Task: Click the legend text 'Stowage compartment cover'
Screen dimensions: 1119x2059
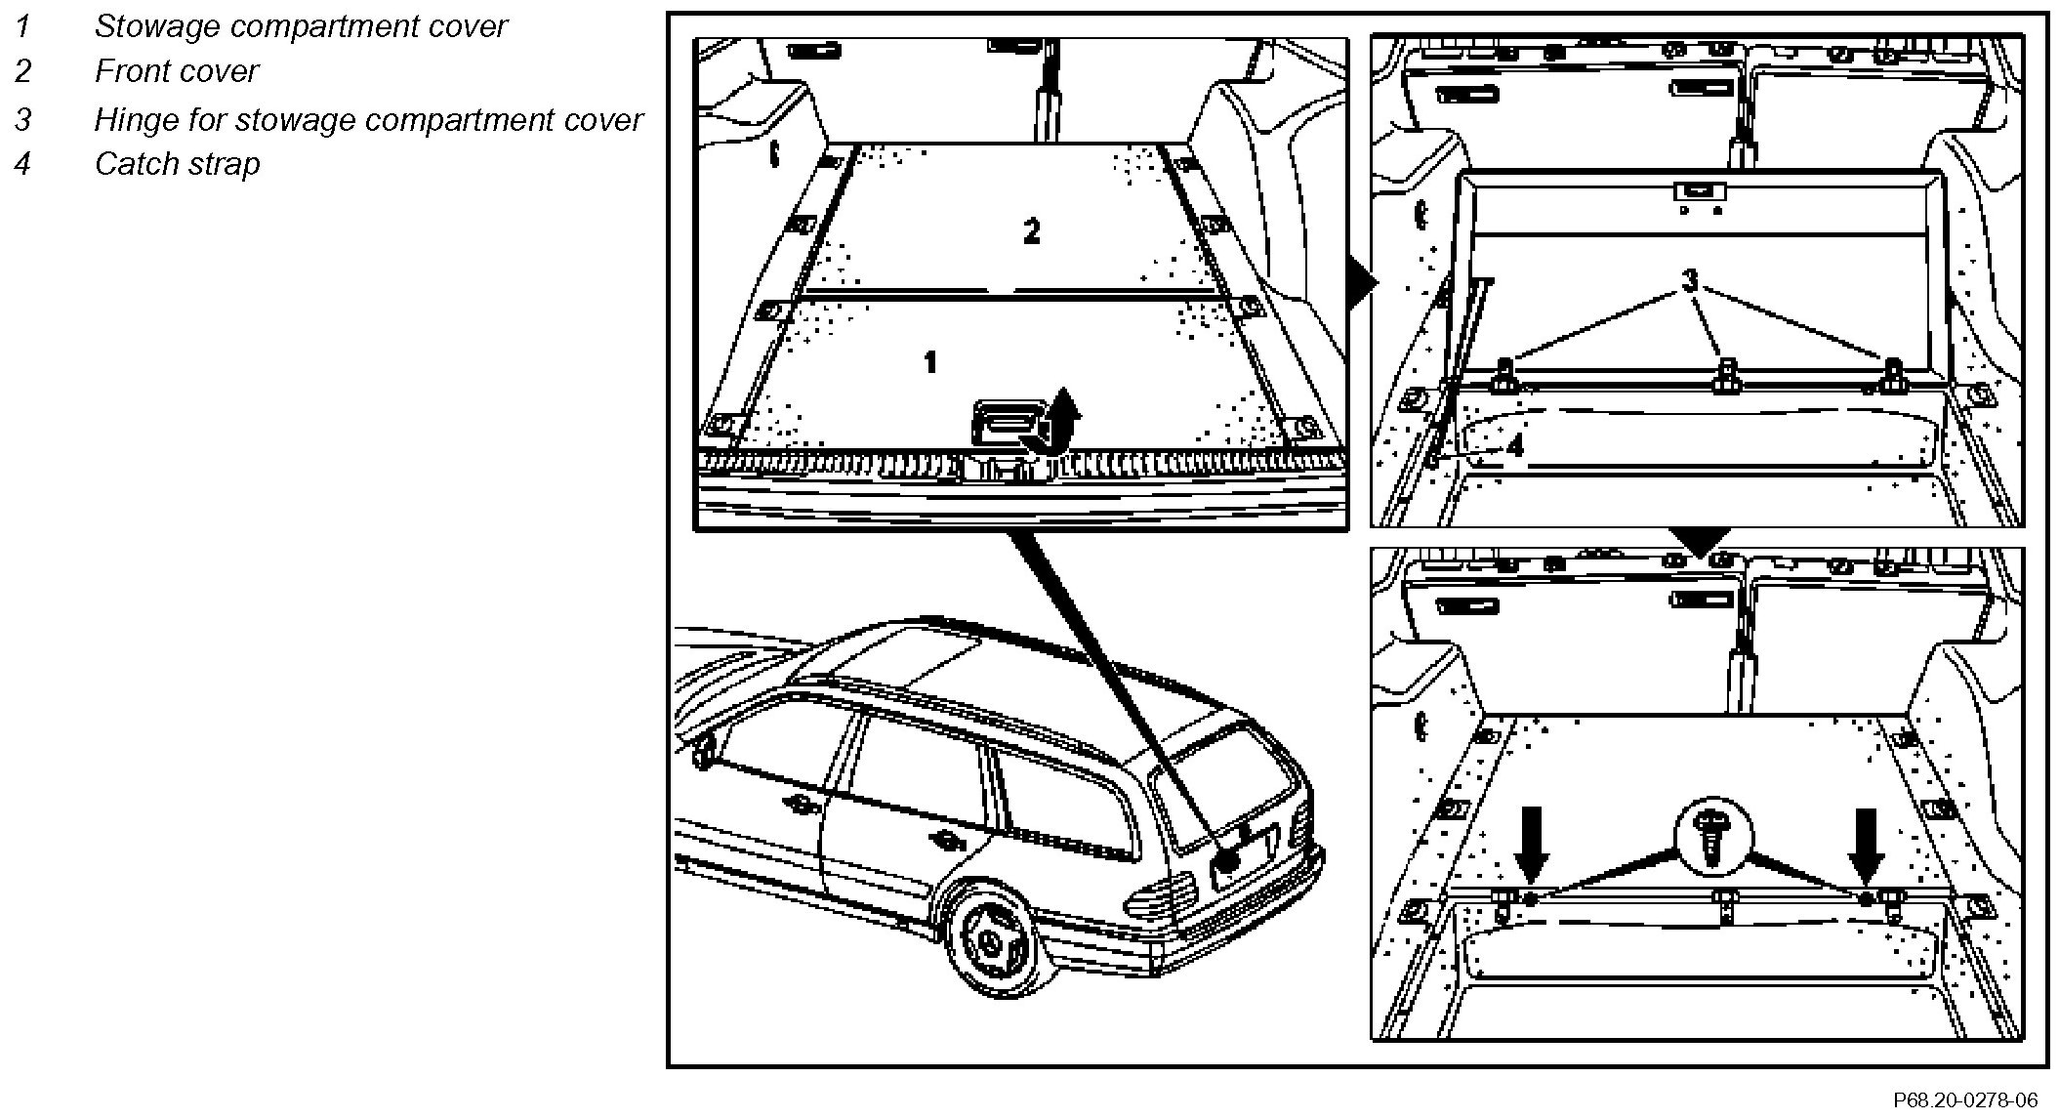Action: pos(300,26)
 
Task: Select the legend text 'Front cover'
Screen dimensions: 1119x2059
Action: pos(176,71)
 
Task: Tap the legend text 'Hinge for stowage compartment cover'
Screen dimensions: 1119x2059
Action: pos(367,119)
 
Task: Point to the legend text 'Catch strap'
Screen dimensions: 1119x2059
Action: pos(177,163)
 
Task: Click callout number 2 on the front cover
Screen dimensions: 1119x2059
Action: pos(1031,231)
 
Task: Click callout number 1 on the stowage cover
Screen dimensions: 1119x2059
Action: pos(930,362)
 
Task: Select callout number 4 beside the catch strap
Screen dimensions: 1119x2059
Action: pos(1514,446)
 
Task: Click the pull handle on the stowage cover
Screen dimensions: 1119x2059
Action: pos(1006,426)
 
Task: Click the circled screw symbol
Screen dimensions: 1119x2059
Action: pos(1713,838)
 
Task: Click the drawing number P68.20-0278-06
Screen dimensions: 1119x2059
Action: pos(1965,1100)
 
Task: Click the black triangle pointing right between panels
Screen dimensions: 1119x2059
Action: pos(1361,284)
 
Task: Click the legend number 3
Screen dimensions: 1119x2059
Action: pos(22,119)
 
